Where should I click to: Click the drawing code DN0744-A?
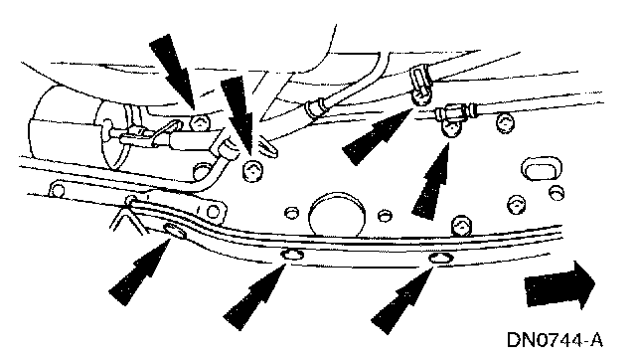click(x=555, y=340)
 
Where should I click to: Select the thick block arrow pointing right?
click(x=559, y=284)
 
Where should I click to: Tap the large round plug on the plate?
click(x=337, y=214)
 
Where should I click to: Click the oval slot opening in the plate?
click(x=542, y=169)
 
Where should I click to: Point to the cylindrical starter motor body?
click(x=78, y=130)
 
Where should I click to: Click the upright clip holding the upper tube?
click(x=421, y=87)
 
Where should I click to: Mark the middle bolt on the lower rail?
click(x=292, y=256)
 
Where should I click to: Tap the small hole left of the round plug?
click(x=291, y=212)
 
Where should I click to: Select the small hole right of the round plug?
click(x=385, y=215)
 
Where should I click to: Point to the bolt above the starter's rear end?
click(x=201, y=122)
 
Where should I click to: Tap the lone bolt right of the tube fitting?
click(x=505, y=122)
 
